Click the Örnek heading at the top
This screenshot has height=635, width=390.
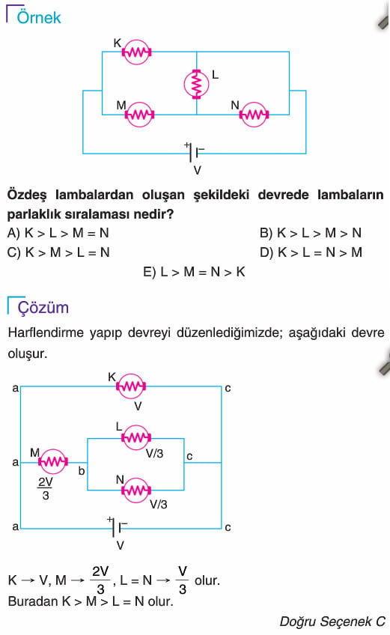coord(39,17)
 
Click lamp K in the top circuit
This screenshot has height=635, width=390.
coord(136,52)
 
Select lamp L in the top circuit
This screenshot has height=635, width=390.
coord(196,84)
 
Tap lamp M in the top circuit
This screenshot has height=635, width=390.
coord(139,115)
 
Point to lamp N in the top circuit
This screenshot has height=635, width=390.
coord(254,115)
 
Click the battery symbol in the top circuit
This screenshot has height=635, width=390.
coord(195,153)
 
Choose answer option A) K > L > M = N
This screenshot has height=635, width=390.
coord(58,233)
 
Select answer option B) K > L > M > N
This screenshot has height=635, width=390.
coord(311,233)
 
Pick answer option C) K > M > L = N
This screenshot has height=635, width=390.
coord(58,252)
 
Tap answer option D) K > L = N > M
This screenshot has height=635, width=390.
coord(311,252)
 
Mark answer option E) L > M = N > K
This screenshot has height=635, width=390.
coord(194,272)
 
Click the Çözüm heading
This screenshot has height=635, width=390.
coord(43,307)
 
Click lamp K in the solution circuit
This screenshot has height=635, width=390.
coord(131,386)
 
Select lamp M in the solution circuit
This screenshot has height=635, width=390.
coord(53,461)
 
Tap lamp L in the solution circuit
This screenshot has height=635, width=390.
coord(136,437)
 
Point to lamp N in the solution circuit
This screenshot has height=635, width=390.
coord(136,490)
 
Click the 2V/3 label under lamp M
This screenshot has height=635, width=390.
coord(46,488)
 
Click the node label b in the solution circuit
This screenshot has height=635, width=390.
coord(82,471)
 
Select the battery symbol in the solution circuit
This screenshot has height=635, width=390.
coord(118,528)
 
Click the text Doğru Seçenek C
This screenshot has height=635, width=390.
coord(332,622)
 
